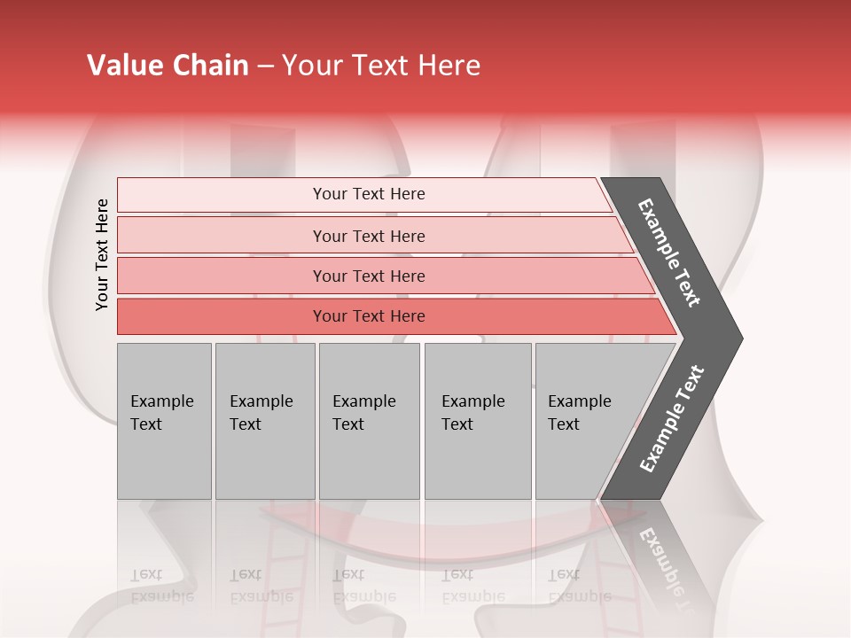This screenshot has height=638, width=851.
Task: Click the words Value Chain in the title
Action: click(x=168, y=66)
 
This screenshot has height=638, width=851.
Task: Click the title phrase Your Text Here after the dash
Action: click(x=381, y=66)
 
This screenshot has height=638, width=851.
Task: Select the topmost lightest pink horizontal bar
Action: click(x=222, y=194)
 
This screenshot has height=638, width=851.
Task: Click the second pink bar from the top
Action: click(x=222, y=236)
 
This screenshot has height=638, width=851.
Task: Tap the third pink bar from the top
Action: click(x=222, y=276)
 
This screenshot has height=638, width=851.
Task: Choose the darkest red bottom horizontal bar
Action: click(x=222, y=316)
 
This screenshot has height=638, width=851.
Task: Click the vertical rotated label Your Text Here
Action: click(x=102, y=254)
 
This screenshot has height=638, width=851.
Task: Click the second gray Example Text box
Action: click(x=265, y=421)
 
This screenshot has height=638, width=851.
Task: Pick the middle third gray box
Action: click(x=369, y=421)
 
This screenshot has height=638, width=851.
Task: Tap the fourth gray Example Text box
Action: click(x=478, y=421)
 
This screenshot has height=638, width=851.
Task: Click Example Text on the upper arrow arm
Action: click(x=669, y=253)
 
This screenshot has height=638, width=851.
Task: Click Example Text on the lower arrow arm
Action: click(x=672, y=418)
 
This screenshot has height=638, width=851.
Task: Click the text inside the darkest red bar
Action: click(x=369, y=316)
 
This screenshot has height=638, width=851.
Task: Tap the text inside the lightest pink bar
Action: click(x=369, y=194)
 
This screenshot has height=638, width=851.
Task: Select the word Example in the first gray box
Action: click(x=161, y=401)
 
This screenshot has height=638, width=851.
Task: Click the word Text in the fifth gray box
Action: click(x=563, y=424)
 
